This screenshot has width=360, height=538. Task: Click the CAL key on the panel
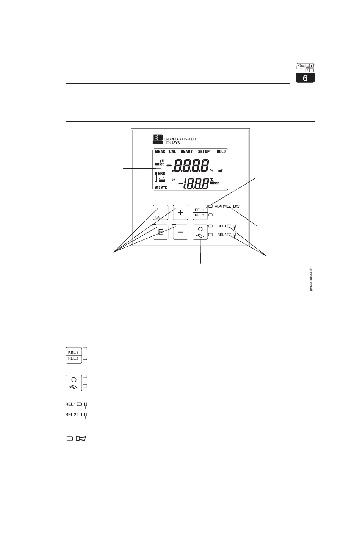tap(161, 213)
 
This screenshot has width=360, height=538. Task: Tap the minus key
tap(181, 233)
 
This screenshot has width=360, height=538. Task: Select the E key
tap(161, 233)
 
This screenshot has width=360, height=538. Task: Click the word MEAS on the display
tap(160, 152)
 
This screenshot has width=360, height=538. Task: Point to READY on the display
tap(186, 152)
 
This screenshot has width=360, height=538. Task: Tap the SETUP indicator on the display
tap(204, 152)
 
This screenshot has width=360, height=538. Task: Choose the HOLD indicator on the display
tap(221, 152)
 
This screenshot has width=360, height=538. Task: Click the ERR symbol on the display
tap(162, 173)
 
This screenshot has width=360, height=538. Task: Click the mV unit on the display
tap(220, 170)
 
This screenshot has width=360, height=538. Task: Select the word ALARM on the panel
tap(220, 206)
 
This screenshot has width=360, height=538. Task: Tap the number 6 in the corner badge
tap(305, 78)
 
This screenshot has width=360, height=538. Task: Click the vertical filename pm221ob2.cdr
tap(311, 279)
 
